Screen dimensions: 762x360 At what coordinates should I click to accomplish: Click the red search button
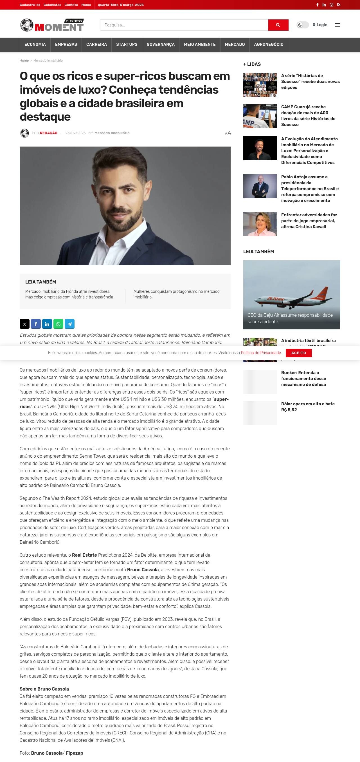278,25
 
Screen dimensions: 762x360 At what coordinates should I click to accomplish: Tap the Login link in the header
320,25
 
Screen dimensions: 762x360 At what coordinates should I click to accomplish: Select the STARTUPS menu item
127,44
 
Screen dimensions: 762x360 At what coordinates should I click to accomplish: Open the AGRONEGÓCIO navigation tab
269,44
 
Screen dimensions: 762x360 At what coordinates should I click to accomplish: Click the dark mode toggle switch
303,25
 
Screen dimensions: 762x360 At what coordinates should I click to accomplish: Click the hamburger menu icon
337,25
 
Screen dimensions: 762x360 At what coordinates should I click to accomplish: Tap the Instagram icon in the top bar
332,5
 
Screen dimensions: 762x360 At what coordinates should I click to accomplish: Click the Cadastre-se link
30,5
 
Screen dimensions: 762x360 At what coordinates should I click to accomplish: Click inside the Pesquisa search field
184,25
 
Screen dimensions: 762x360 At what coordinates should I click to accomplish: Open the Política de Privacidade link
261,353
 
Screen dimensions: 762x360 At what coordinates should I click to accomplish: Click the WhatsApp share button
58,324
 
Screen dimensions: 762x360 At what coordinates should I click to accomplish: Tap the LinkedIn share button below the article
47,324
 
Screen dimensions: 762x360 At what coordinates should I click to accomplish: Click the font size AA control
228,133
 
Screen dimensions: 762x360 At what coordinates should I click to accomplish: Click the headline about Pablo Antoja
310,188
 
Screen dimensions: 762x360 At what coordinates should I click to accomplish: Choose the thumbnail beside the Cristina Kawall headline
260,224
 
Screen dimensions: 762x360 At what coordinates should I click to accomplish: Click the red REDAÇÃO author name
48,133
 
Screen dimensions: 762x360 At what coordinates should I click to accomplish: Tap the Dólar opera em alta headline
308,407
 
